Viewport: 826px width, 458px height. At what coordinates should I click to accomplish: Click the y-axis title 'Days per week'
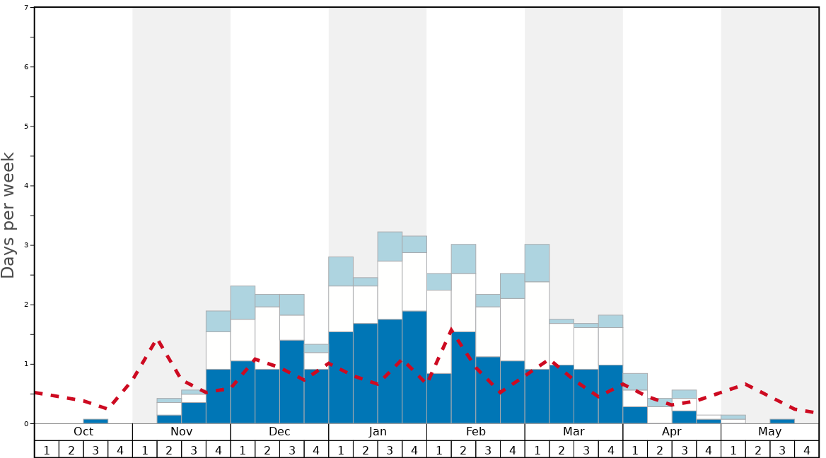click(x=8, y=215)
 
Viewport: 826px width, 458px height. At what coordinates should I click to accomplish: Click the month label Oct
click(x=83, y=432)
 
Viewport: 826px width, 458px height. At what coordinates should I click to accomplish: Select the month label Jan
click(x=378, y=432)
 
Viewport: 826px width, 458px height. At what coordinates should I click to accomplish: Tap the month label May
click(x=770, y=432)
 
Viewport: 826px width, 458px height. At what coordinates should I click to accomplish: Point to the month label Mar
click(x=574, y=432)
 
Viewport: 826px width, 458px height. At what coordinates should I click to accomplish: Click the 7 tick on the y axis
click(x=27, y=8)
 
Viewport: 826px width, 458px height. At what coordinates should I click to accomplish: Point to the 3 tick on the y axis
click(x=27, y=245)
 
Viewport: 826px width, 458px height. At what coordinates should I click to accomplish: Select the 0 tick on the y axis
click(x=27, y=423)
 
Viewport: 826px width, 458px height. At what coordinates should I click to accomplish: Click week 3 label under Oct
click(x=95, y=450)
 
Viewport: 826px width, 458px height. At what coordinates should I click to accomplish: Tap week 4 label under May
click(x=807, y=450)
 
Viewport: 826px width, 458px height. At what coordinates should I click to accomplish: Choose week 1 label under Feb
click(x=438, y=450)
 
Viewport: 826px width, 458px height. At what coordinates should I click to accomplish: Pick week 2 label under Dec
click(x=267, y=450)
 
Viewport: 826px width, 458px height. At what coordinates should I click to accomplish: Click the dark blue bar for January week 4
click(x=414, y=368)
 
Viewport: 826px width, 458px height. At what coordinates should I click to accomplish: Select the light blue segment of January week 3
click(x=390, y=247)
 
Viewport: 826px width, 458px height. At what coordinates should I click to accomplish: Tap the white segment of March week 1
click(x=537, y=325)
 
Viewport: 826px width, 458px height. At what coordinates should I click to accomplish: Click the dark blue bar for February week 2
click(x=463, y=377)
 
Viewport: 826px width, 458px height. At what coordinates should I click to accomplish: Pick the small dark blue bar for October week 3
click(x=95, y=421)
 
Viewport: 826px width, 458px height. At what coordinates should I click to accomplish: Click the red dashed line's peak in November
click(x=158, y=341)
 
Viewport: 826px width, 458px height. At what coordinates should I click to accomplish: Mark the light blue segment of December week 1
click(x=243, y=303)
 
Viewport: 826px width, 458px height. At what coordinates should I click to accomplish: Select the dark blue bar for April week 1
click(x=635, y=415)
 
